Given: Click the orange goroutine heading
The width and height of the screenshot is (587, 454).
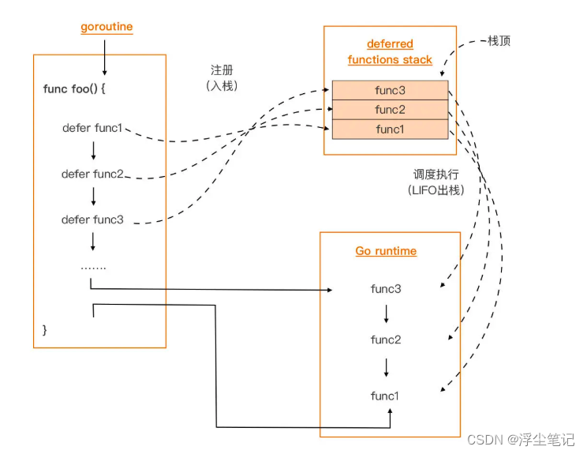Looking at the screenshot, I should point(107,27).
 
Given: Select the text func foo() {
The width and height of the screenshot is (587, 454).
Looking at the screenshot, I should point(74,88).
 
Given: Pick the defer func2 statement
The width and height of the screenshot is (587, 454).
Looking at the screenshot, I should point(92,174).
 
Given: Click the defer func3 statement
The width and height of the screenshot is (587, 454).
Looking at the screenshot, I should point(92,219).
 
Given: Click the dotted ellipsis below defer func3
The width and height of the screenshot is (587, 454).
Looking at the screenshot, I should point(93,267).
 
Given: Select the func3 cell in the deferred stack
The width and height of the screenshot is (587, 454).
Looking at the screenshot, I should point(390,90).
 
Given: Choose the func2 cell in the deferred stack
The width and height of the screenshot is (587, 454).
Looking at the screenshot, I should point(390,110).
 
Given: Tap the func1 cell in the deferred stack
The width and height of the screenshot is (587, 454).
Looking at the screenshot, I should point(390,129).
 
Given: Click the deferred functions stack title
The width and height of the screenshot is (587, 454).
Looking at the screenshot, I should point(390,52).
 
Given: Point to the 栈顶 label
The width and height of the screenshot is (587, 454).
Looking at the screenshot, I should point(499,41).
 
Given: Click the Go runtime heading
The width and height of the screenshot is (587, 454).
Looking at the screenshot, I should point(386,251).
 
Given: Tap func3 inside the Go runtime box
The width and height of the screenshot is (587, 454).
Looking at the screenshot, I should point(386,289).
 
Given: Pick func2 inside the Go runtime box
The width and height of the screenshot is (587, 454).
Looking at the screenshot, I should point(386,340).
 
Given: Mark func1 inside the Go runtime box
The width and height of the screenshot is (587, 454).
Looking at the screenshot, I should point(386,395).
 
